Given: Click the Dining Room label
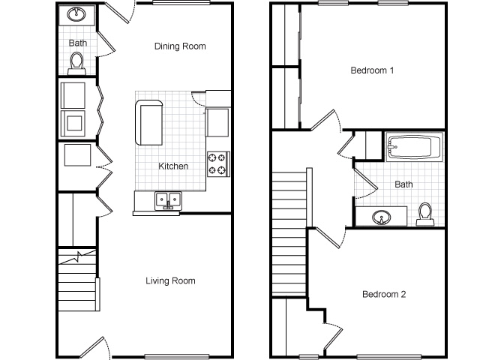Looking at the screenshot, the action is (x=180, y=46).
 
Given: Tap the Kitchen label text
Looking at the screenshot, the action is (x=173, y=166).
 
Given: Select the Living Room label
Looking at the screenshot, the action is (x=170, y=280).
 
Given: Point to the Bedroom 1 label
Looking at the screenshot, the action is (x=372, y=70).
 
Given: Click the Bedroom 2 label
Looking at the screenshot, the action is (x=384, y=294).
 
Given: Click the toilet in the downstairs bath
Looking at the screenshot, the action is (x=76, y=64).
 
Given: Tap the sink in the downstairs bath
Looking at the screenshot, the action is (x=76, y=14).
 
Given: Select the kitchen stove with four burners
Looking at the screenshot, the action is (x=218, y=164).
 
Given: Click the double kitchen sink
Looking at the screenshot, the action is (x=168, y=201).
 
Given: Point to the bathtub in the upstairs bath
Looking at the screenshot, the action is (x=414, y=147).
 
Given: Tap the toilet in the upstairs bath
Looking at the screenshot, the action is (x=425, y=214).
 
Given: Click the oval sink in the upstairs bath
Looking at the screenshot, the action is (x=382, y=217).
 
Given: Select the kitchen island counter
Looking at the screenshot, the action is (x=148, y=122).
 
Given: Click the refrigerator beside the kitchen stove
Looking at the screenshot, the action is (x=217, y=122).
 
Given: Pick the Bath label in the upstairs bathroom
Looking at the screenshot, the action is (x=403, y=184).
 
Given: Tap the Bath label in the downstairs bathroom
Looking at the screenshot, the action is (x=78, y=43).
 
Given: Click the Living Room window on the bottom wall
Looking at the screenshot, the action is (x=177, y=357).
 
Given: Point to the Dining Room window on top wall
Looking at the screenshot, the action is (x=181, y=3).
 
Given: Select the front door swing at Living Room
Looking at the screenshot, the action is (x=95, y=348).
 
